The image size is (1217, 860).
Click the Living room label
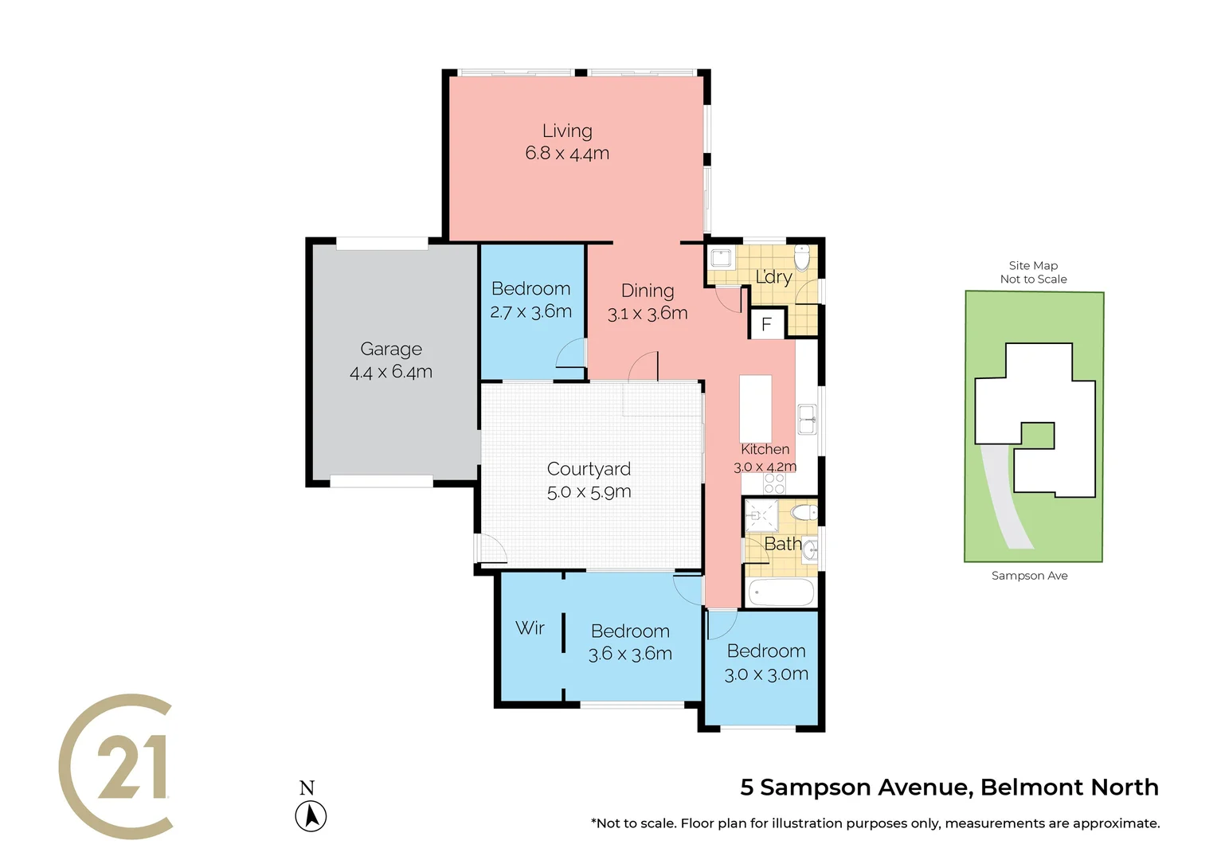(567, 131)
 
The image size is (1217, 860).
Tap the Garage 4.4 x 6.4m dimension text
(391, 372)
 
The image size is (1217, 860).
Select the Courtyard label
(589, 469)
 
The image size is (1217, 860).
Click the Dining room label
(648, 291)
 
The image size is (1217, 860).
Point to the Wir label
(530, 628)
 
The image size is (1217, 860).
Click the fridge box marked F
(767, 324)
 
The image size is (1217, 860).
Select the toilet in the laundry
(802, 257)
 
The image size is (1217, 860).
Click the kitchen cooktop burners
(774, 483)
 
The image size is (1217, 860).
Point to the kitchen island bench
(755, 408)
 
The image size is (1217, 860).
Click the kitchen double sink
(807, 419)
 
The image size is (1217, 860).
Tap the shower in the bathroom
(760, 515)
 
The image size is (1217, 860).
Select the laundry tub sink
(721, 258)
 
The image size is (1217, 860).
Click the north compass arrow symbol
(311, 816)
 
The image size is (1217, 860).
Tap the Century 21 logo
(116, 766)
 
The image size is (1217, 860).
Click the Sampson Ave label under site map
(1029, 576)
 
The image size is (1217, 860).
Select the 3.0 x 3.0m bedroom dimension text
(766, 674)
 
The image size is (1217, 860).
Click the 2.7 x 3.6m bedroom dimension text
(530, 312)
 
